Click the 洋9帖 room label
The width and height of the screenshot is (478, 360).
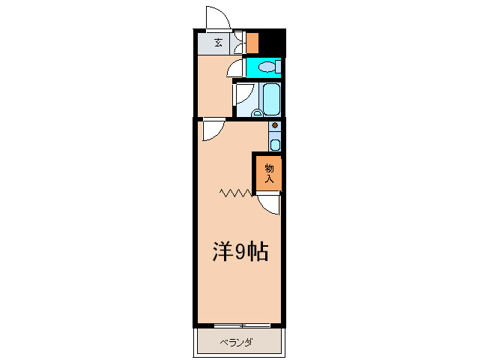pyautogui.click(x=240, y=253)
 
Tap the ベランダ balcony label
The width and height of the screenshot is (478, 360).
pyautogui.click(x=236, y=343)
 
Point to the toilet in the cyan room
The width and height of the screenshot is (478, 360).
pyautogui.click(x=267, y=67)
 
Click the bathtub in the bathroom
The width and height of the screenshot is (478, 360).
pyautogui.click(x=270, y=98)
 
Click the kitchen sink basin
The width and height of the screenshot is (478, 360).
pyautogui.click(x=275, y=145)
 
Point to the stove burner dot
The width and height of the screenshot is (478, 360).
pyautogui.click(x=275, y=125)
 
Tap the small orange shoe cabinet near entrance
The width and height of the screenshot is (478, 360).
pyautogui.click(x=252, y=42)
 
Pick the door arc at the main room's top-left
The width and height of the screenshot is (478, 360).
pyautogui.click(x=211, y=130)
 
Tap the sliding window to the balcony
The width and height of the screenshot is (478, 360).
pyautogui.click(x=240, y=325)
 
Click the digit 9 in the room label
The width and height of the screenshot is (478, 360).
pyautogui.click(x=240, y=253)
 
